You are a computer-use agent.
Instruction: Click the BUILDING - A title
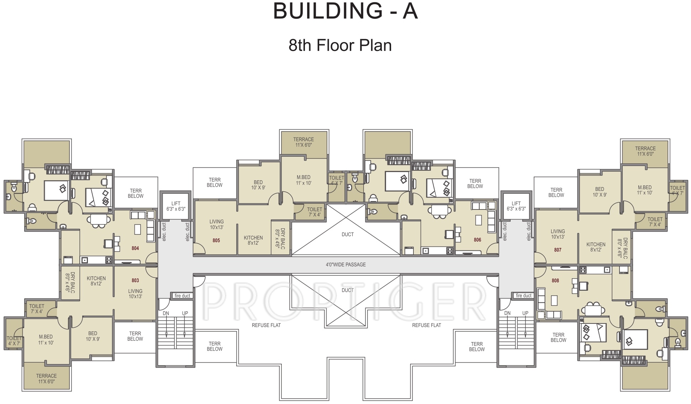pos(345,11)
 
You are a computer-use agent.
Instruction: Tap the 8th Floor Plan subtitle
pos(340,45)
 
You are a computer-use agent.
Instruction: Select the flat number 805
pos(216,240)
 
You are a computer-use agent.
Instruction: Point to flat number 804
pos(135,248)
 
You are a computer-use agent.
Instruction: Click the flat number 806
pos(478,240)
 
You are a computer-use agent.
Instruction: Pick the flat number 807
pos(558,250)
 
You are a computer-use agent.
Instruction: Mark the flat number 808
pos(555,280)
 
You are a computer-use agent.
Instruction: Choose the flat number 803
pos(135,280)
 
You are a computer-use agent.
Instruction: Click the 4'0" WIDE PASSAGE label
pos(346,264)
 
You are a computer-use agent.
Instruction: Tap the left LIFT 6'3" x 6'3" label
pos(176,206)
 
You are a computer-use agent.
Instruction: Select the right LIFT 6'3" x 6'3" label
pos(516,206)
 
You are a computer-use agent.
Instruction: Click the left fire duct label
pos(183,296)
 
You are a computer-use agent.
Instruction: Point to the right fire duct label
pos(524,295)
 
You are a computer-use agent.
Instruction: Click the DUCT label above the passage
pos(348,234)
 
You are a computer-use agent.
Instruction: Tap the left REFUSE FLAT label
pos(266,325)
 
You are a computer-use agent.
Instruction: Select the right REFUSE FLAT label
pos(427,325)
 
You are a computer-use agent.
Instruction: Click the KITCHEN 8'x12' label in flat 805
pos(253,240)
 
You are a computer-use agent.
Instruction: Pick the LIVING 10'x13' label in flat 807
pos(558,234)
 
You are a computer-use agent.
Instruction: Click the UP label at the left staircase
pos(185,314)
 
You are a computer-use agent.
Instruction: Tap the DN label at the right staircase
pos(507,313)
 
